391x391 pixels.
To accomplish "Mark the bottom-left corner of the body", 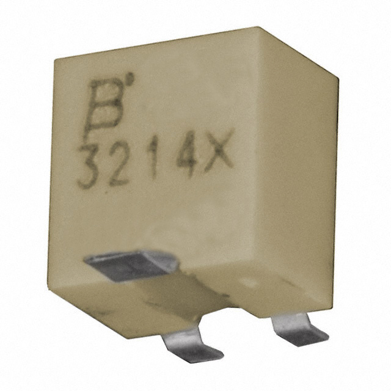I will coord(49,283).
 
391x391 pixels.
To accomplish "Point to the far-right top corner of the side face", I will coord(337,77).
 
